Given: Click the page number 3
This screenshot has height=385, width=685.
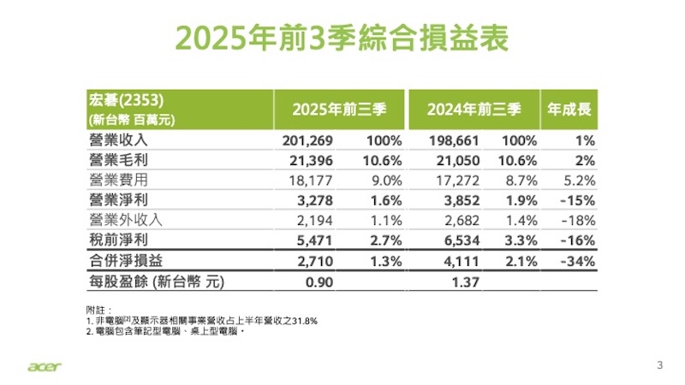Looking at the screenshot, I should (659, 365).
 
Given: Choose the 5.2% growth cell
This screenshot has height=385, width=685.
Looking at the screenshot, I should (578, 180).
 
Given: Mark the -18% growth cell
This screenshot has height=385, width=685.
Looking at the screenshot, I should (577, 219).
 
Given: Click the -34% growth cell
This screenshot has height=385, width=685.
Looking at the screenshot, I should (577, 260).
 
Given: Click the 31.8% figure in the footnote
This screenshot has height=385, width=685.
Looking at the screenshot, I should (305, 321).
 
